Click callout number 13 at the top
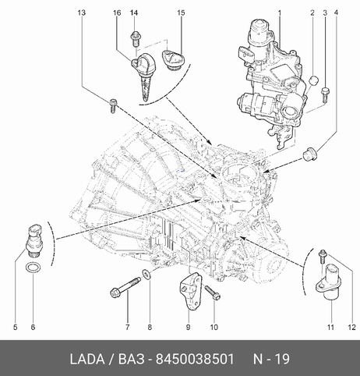[82, 12]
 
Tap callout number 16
[117, 12]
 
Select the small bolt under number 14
[135, 39]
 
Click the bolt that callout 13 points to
[113, 105]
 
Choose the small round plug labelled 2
[314, 80]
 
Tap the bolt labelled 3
[325, 94]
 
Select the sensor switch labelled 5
[35, 239]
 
